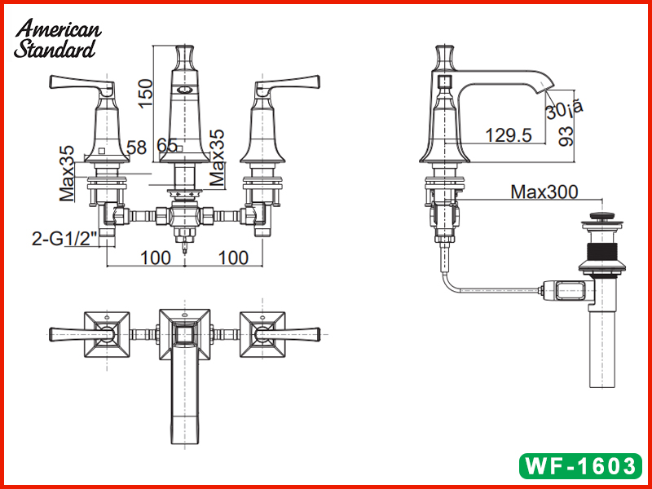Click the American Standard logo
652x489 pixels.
tap(57, 38)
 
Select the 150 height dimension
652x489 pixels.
tap(146, 93)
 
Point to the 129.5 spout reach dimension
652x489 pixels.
tap(508, 135)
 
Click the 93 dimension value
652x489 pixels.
tap(566, 136)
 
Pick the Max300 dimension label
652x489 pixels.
tap(544, 192)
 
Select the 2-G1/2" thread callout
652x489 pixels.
tap(64, 239)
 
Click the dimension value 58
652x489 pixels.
tap(137, 148)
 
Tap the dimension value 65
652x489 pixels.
tap(167, 145)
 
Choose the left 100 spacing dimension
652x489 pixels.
tap(156, 258)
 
